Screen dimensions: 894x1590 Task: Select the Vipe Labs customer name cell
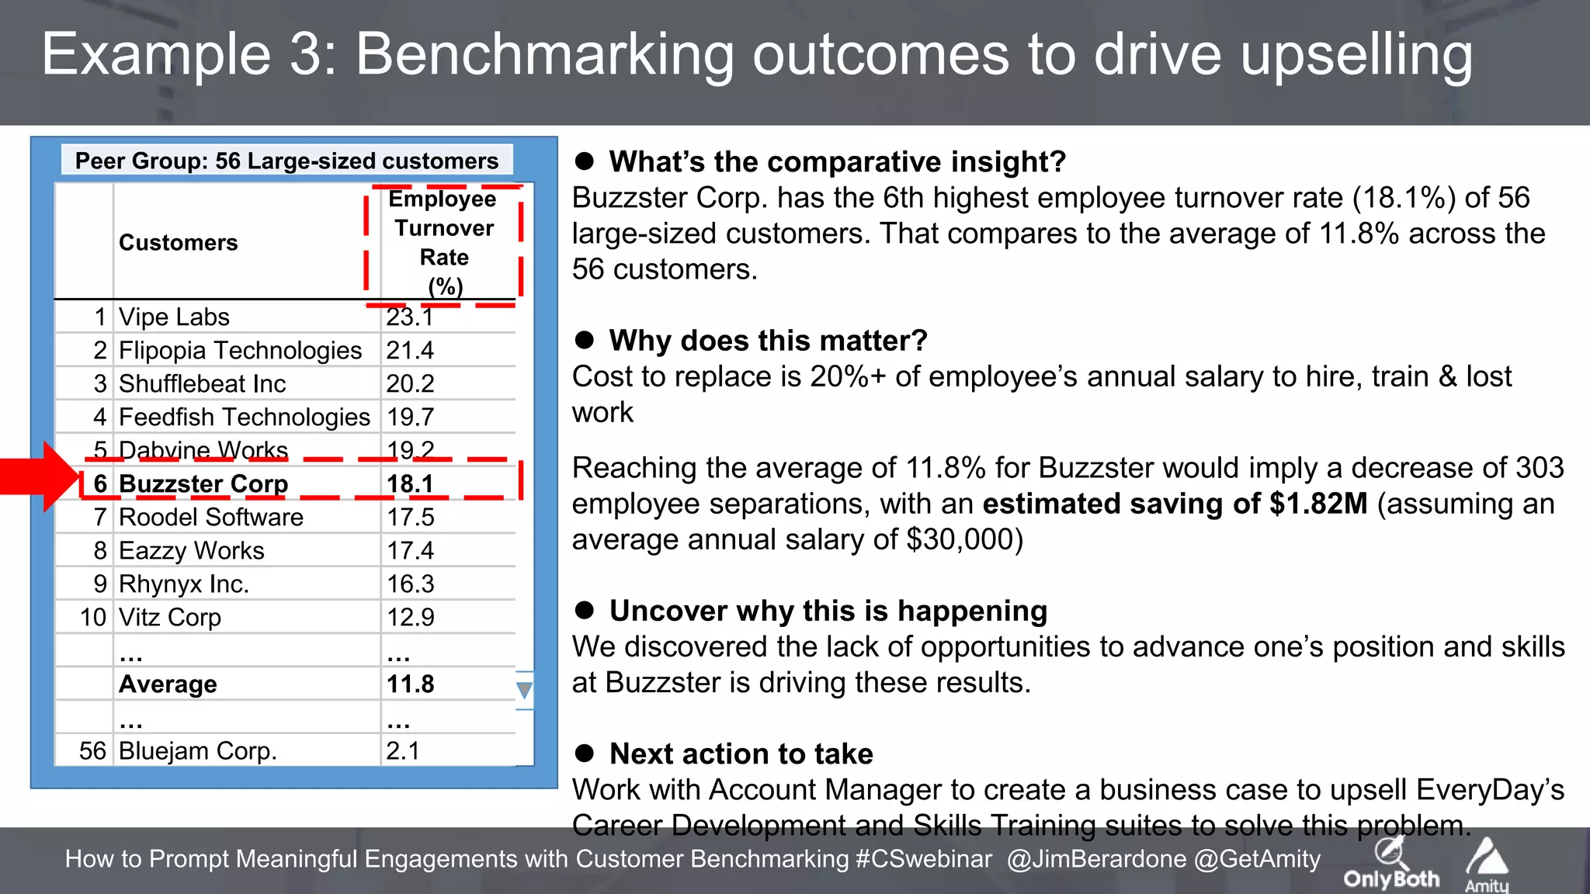point(174,317)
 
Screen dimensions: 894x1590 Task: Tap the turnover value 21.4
point(410,351)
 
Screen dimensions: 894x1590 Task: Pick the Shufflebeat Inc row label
point(202,384)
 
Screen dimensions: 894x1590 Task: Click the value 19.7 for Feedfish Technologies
point(410,418)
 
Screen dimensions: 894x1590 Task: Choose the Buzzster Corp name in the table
point(203,483)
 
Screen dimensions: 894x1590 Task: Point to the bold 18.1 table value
point(410,483)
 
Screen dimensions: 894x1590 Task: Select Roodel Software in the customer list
point(210,518)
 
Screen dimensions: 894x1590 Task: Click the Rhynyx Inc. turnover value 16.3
point(410,584)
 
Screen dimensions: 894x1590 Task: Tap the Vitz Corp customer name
point(169,618)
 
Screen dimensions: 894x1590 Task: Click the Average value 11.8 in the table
point(410,684)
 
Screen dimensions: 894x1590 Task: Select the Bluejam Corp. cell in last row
point(197,751)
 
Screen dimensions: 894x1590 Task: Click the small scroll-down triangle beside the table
point(525,690)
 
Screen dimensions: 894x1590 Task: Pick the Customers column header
point(178,243)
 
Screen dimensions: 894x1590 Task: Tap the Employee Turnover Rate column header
point(444,242)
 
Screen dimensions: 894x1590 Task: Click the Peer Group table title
point(286,161)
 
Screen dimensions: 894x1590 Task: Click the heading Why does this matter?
point(768,341)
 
